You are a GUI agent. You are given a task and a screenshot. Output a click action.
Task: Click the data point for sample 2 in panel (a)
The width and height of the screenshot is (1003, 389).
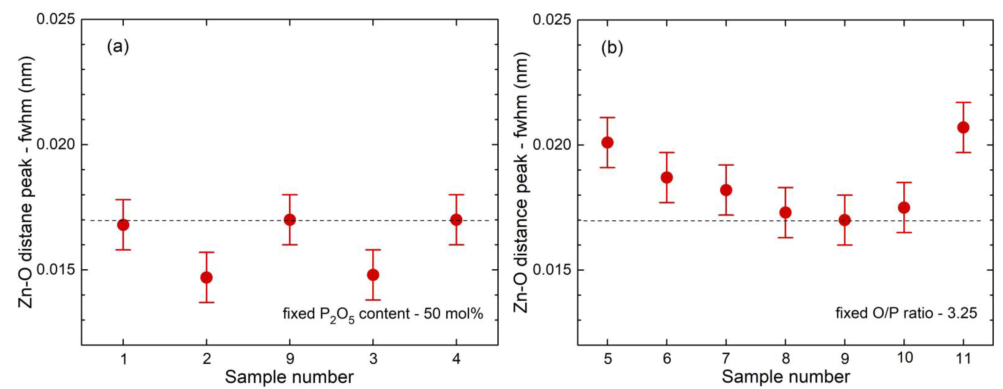[x=206, y=277]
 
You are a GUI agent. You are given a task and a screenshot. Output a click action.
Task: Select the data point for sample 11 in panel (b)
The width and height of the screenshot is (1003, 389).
[x=963, y=127]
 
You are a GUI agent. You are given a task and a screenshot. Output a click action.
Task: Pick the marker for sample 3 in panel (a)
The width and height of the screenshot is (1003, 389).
[x=373, y=275]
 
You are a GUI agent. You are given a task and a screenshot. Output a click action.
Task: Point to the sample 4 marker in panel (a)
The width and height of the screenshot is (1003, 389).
[x=456, y=220]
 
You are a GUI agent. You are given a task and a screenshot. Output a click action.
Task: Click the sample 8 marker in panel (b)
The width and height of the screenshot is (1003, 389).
[x=785, y=212]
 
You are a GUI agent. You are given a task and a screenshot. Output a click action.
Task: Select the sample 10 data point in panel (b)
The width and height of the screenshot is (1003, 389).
[x=904, y=207]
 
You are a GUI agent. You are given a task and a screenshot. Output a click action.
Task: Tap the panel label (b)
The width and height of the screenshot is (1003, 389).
[x=612, y=48]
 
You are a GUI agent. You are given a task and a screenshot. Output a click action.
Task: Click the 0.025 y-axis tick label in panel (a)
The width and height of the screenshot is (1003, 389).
[x=55, y=19]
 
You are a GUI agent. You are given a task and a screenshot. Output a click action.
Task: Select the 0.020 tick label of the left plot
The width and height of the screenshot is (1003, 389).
[x=55, y=144]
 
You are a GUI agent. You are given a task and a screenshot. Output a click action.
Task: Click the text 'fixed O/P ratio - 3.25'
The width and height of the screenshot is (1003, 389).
[x=906, y=313]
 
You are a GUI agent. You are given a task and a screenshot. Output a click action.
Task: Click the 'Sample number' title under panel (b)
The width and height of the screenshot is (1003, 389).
[x=785, y=377]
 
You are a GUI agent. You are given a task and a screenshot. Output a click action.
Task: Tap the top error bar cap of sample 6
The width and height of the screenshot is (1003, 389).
[x=667, y=153]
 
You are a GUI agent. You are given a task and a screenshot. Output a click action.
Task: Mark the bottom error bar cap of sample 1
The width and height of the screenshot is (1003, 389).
[x=123, y=250]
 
